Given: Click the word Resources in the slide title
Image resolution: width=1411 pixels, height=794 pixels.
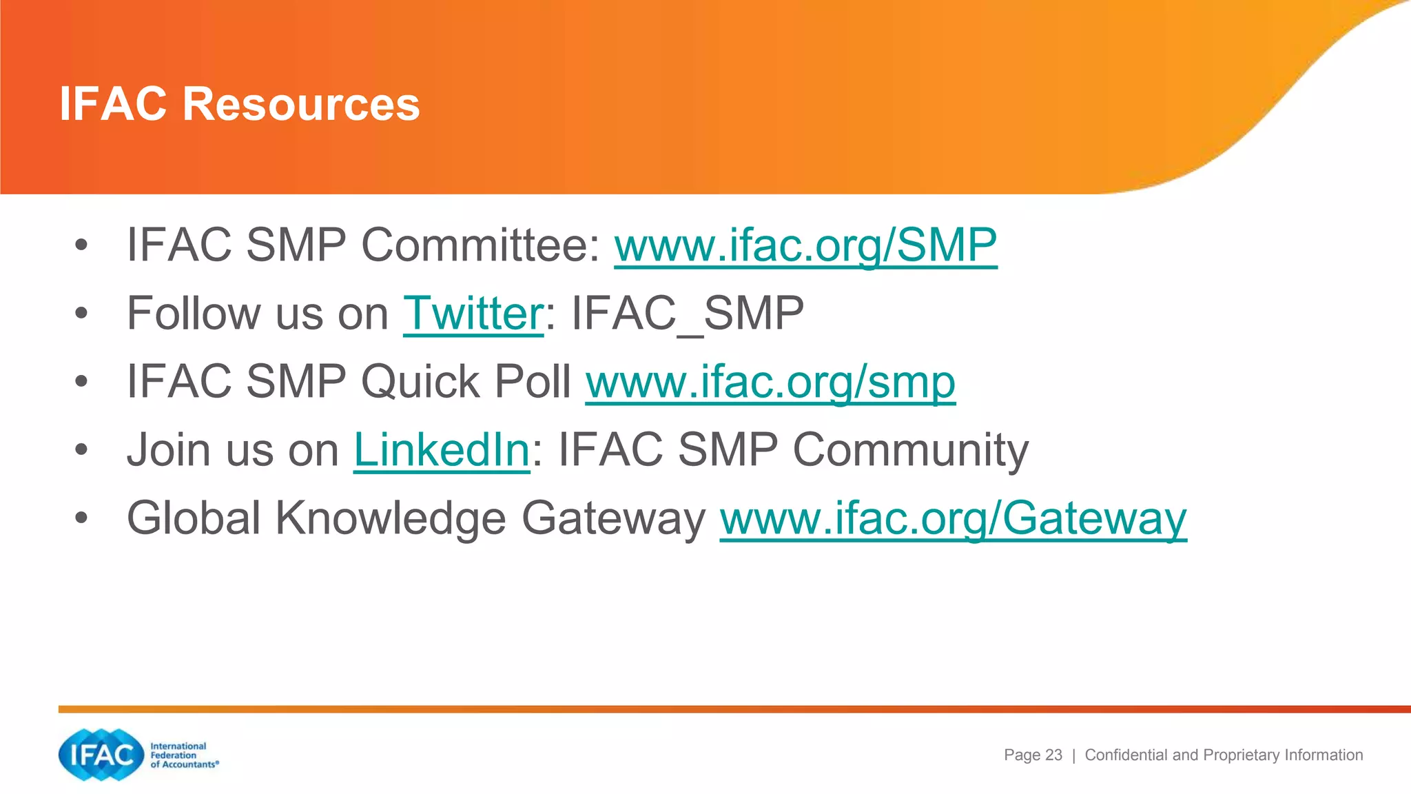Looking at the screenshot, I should coord(300,104).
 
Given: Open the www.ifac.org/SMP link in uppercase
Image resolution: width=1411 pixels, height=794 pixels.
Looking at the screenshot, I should coord(805,245).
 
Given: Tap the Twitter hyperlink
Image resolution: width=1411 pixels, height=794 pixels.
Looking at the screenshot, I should coord(473,314).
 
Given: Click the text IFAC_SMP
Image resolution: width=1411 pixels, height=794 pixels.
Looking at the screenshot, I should coord(688,314).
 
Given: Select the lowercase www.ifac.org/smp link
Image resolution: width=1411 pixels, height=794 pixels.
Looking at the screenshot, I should coord(770,382).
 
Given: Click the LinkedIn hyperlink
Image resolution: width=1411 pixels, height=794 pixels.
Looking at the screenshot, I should coord(442,450).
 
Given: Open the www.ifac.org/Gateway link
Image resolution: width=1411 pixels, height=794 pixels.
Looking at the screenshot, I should coord(953,518).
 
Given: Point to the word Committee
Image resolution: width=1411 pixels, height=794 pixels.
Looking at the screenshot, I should coord(481,245).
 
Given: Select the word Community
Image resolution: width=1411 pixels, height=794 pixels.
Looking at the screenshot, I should coord(910,450).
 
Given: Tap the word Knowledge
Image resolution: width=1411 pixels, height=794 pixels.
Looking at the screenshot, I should coord(391,518).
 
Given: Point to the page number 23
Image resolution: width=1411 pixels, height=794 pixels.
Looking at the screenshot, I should coord(1053,755).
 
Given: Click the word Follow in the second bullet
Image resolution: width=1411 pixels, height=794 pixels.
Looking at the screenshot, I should coord(190,314).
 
